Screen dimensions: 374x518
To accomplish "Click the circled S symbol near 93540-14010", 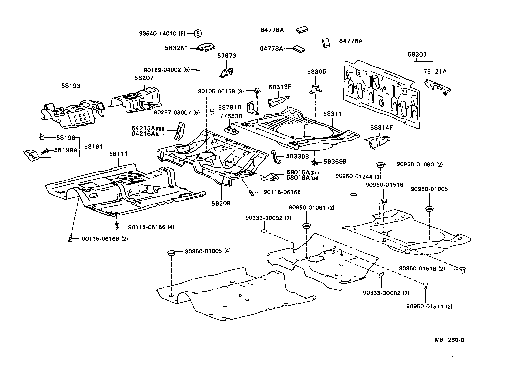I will [198, 33].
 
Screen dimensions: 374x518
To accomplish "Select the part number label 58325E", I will [176, 48].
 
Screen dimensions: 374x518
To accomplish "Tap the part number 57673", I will [227, 56].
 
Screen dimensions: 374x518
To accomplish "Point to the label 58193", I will [71, 86].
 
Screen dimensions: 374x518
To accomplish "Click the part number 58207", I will [144, 78].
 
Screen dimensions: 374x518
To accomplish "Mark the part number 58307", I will [417, 54].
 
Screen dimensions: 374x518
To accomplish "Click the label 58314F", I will [381, 127].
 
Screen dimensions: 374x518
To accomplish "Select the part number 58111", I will [119, 154].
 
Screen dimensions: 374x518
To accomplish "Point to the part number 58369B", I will [335, 162].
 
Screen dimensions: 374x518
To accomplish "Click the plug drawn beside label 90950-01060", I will [380, 164].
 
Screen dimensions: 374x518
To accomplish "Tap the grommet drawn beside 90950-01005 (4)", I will [171, 253].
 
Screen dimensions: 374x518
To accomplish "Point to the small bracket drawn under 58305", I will [315, 88].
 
